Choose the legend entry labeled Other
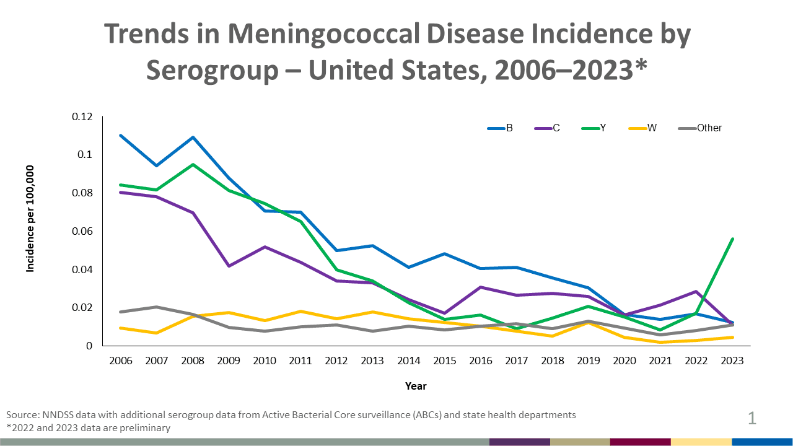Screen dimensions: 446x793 [x=700, y=128]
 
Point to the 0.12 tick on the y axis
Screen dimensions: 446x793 [x=82, y=116]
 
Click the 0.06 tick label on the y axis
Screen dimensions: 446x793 [x=82, y=231]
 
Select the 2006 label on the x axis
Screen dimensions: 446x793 [x=121, y=361]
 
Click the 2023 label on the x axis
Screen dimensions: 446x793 [x=734, y=361]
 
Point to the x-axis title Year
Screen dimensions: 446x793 [x=416, y=386]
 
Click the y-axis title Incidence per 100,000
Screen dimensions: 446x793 [x=30, y=218]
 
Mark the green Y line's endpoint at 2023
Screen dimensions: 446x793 [x=733, y=238]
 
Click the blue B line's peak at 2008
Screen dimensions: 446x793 [x=193, y=137]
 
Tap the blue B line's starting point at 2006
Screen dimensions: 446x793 [x=121, y=135]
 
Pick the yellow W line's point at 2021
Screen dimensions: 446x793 [x=660, y=342]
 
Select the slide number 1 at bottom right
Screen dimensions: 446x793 [x=752, y=419]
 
